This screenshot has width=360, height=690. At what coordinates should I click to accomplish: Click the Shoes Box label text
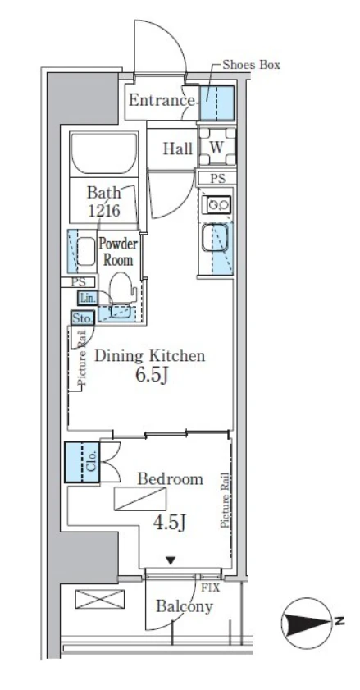pyautogui.click(x=251, y=65)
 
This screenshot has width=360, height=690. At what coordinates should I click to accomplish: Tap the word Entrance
pyautogui.click(x=161, y=100)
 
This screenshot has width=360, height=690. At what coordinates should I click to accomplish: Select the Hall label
pyautogui.click(x=178, y=149)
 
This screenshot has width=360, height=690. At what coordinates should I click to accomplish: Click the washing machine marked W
pyautogui.click(x=216, y=147)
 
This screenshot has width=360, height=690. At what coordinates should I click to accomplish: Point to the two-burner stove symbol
pyautogui.click(x=216, y=204)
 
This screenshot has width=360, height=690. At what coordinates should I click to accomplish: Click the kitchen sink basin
pyautogui.click(x=216, y=238)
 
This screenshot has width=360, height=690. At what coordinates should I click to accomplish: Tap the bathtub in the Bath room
pyautogui.click(x=104, y=153)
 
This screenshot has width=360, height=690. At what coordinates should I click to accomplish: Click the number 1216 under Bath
pyautogui.click(x=104, y=210)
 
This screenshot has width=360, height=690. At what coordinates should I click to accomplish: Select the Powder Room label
pyautogui.click(x=117, y=252)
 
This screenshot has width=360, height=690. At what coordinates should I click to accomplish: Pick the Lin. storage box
pyautogui.click(x=86, y=298)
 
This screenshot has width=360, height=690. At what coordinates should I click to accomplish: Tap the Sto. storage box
pyautogui.click(x=82, y=318)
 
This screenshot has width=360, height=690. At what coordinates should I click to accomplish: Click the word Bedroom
pyautogui.click(x=171, y=479)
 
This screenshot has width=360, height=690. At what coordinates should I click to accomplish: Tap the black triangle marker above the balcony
pyautogui.click(x=171, y=560)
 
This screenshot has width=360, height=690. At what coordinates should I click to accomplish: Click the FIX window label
pyautogui.click(x=210, y=587)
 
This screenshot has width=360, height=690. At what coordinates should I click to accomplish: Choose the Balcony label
pyautogui.click(x=185, y=607)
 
